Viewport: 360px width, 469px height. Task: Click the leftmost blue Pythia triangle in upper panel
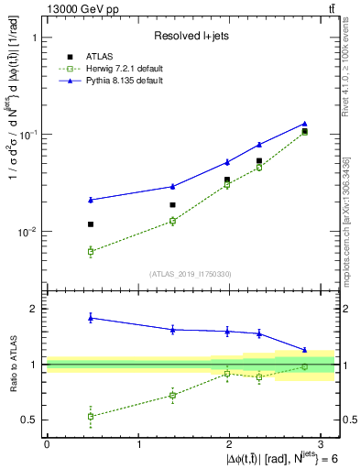(91, 200)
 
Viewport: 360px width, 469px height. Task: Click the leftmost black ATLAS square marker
(91, 224)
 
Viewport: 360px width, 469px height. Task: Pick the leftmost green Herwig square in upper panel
(91, 251)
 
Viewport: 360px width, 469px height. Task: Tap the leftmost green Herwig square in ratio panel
(91, 416)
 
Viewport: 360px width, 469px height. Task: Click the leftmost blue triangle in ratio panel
(91, 318)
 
